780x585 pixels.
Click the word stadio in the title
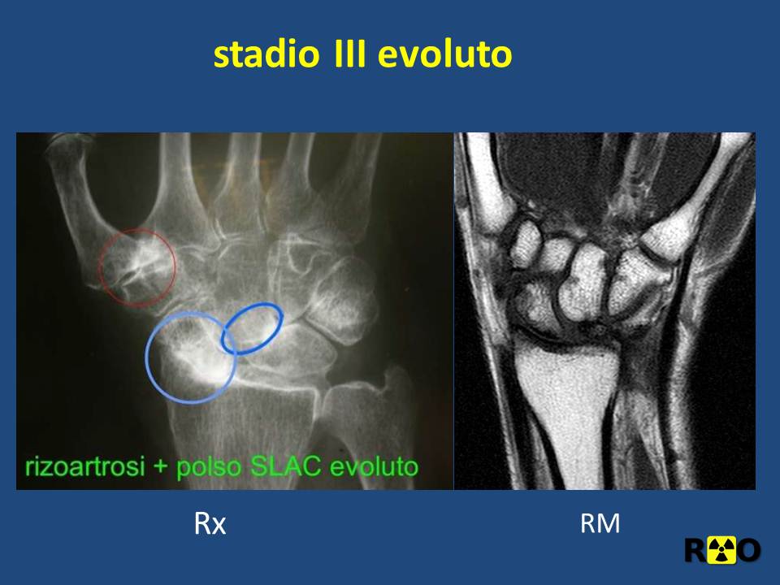tap(266, 54)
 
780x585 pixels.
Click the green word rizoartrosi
tap(85, 466)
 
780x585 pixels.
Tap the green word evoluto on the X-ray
tap(374, 466)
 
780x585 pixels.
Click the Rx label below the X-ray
tap(210, 523)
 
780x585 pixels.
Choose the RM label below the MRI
tap(600, 523)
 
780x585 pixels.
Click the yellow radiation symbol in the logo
tap(721, 550)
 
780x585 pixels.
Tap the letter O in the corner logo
tap(747, 550)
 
